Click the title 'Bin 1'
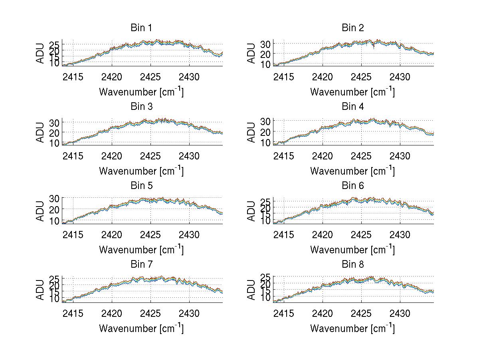(141, 28)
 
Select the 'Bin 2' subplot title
(353, 28)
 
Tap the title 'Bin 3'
(141, 107)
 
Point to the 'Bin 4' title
(353, 107)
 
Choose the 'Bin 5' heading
(141, 186)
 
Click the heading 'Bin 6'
(353, 186)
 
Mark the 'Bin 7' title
(141, 265)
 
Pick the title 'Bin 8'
(353, 265)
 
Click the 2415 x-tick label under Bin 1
(73, 77)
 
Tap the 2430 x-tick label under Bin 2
(400, 77)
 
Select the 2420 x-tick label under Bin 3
(112, 155)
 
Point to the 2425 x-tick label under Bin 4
(362, 155)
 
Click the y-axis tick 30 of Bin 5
(54, 199)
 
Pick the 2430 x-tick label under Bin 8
(400, 313)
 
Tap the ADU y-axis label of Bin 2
(251, 53)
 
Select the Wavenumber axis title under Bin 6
(352, 250)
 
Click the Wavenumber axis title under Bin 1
(141, 92)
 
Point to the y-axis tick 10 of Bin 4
(265, 142)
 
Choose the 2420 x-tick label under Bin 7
(112, 313)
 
